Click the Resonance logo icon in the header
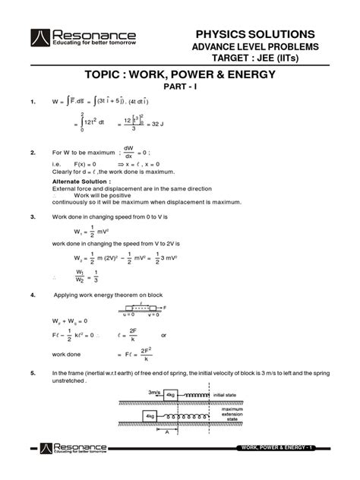point(39,39)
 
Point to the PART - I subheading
point(179,92)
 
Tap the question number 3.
point(33,216)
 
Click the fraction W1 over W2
point(81,273)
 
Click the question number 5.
point(33,374)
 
